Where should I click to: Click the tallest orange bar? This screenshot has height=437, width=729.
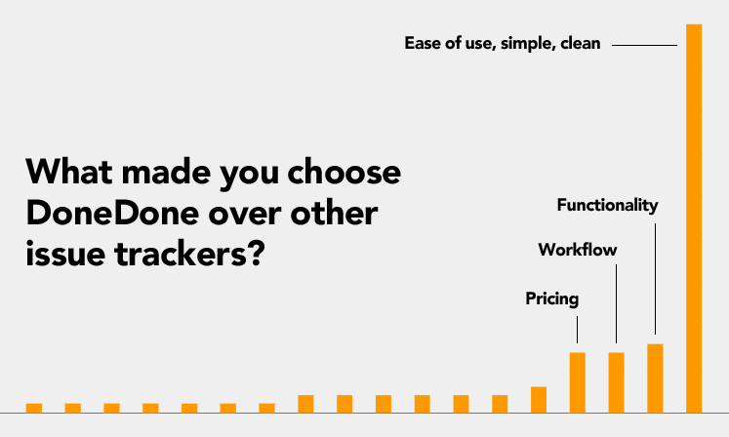point(694,218)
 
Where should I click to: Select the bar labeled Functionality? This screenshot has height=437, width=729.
point(655,378)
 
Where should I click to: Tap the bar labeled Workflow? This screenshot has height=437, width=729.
point(617,382)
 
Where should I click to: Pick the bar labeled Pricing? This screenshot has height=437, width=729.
point(578,382)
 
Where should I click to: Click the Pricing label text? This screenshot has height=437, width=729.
point(551,298)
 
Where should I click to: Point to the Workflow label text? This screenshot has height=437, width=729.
point(578,250)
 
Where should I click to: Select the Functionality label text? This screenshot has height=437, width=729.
point(607,205)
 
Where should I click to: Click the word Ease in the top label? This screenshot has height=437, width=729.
point(423,43)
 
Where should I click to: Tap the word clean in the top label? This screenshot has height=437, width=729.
point(581,43)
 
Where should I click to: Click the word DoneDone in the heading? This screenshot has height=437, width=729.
point(112,214)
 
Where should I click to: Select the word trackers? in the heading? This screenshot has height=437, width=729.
point(189,254)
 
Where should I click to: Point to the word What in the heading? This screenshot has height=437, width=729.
point(69,172)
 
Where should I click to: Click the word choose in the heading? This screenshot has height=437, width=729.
point(344,172)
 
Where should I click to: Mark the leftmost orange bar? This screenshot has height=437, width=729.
point(34,408)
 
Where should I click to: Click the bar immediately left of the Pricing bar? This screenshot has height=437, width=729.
point(539,400)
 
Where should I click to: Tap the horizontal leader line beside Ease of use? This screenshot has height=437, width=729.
point(644,45)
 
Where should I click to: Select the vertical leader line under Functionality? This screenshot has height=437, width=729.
point(655,279)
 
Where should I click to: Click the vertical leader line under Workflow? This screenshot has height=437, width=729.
point(617,304)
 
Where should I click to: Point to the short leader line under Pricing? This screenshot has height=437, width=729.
point(578,330)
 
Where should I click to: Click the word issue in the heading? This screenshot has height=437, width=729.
point(65,254)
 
